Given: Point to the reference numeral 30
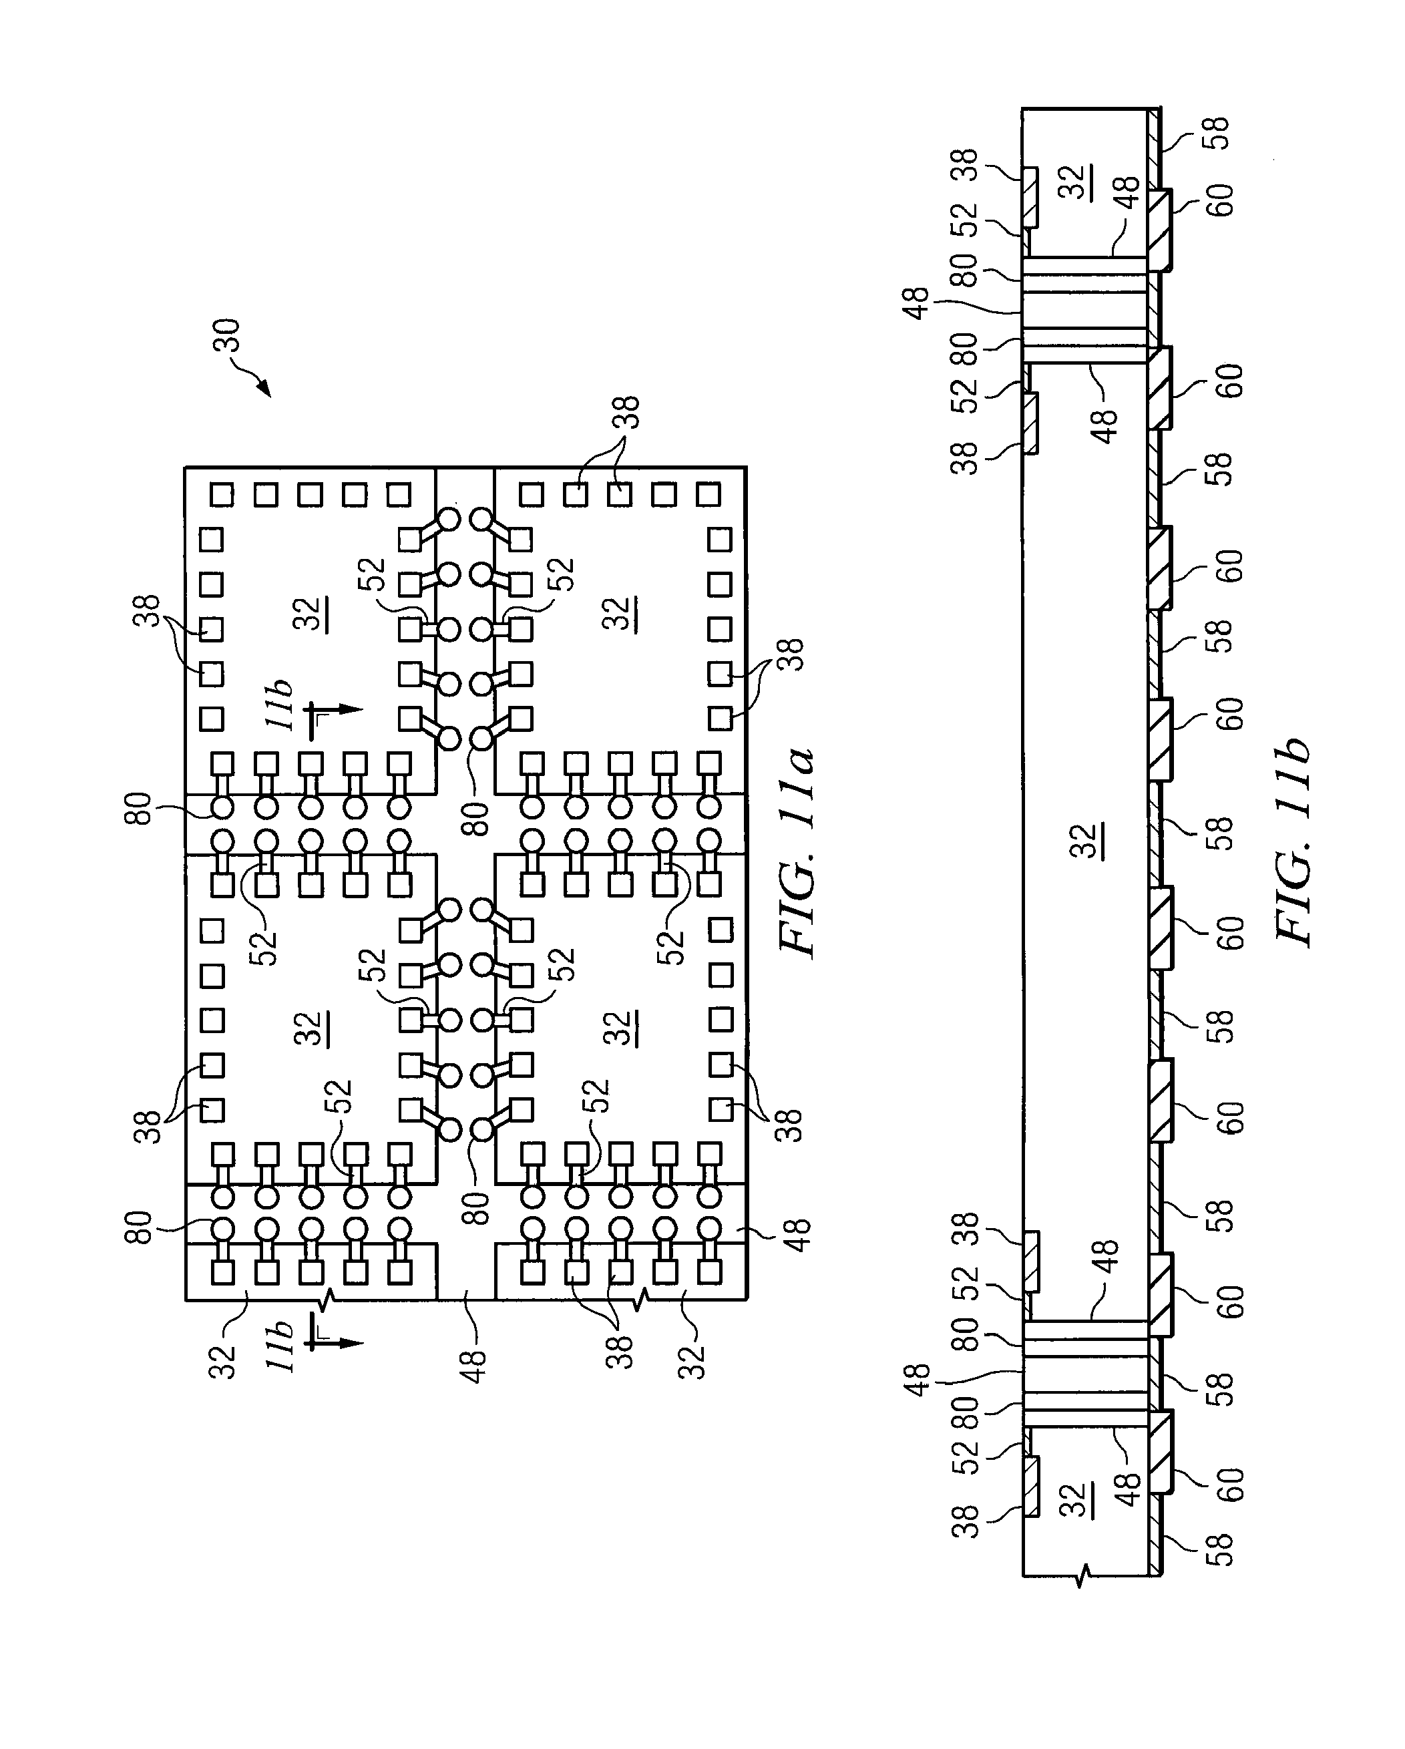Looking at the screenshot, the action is [x=226, y=334].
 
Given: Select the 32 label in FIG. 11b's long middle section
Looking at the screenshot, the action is [x=1087, y=840].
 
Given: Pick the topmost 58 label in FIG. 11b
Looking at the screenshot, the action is [x=1217, y=134].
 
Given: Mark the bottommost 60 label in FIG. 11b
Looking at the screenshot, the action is [x=1229, y=1484].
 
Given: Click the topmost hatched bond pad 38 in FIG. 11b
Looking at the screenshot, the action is [x=1030, y=196].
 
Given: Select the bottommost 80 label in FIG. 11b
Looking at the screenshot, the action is [x=966, y=1412].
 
